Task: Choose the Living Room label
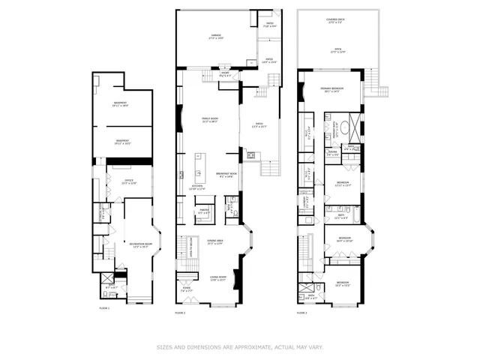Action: pos(218,278)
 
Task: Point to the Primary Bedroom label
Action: pos(331,88)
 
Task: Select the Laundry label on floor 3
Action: pos(305,202)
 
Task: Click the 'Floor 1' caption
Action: pos(104,308)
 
